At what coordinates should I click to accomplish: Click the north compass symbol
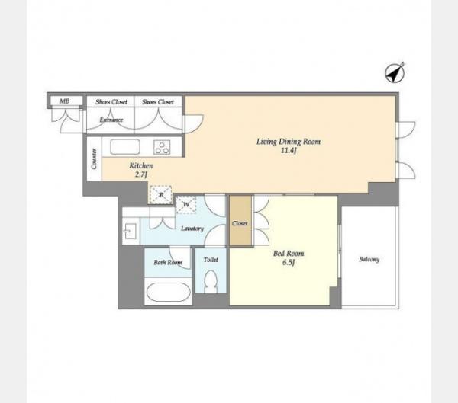click(x=395, y=72)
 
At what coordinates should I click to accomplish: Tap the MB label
click(x=65, y=101)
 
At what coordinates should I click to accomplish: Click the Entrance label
click(x=111, y=120)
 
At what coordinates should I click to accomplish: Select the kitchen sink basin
click(x=125, y=147)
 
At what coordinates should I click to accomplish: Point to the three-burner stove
click(x=162, y=147)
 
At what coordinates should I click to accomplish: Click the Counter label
click(x=94, y=158)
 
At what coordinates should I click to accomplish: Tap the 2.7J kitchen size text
click(x=140, y=174)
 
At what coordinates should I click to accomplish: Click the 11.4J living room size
click(x=289, y=151)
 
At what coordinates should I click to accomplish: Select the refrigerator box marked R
click(x=160, y=194)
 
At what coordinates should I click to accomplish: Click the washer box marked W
click(x=185, y=205)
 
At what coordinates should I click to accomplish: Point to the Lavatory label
click(x=192, y=229)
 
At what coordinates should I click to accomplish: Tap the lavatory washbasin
click(x=130, y=232)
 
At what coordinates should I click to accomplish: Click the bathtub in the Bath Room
click(x=168, y=292)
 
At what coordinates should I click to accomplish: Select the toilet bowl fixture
click(x=211, y=281)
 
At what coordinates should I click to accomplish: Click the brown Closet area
click(x=240, y=220)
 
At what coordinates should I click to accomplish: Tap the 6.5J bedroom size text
click(x=289, y=262)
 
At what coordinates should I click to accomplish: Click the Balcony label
click(x=369, y=259)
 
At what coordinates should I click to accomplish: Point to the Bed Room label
click(x=289, y=254)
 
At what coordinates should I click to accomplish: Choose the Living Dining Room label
click(x=289, y=142)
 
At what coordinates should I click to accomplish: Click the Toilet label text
click(x=211, y=260)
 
